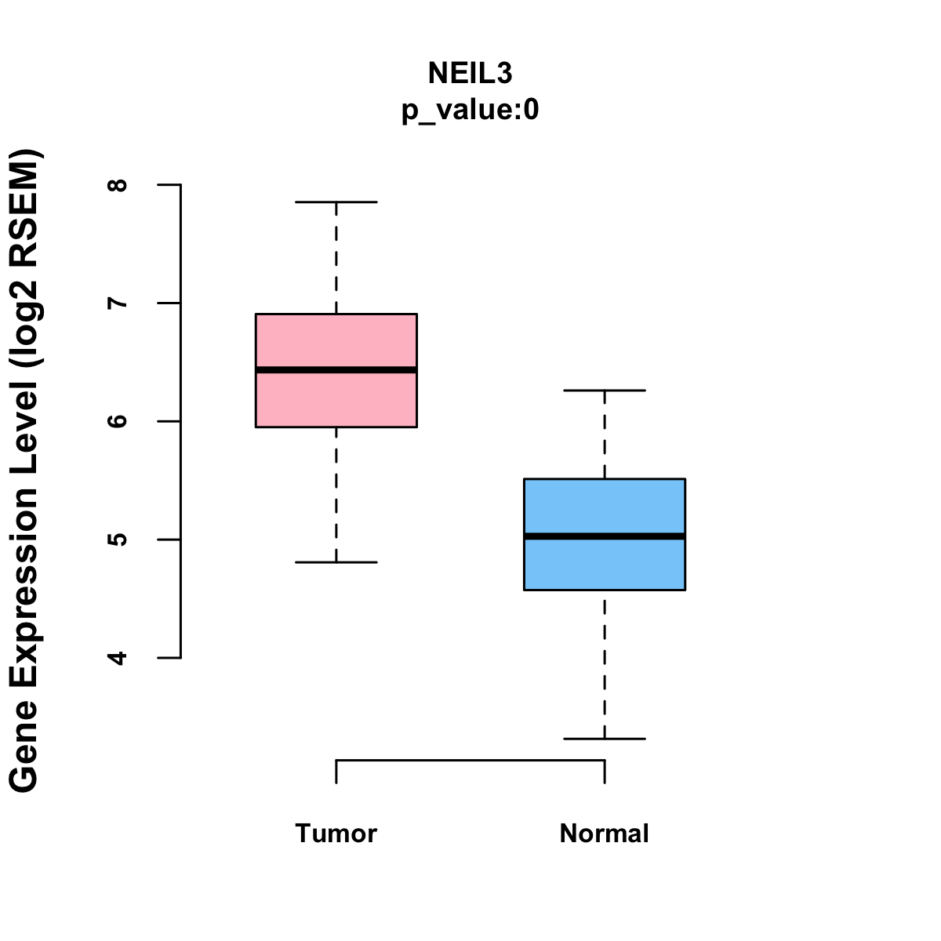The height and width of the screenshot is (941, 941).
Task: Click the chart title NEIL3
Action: (470, 73)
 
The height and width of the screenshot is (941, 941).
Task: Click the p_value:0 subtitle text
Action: (470, 110)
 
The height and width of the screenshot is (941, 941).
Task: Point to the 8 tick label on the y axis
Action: (118, 185)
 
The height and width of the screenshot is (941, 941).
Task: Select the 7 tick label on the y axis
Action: (118, 303)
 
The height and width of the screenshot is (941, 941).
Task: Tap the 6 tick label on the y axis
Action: (118, 421)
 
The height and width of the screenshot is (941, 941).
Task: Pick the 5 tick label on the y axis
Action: (118, 540)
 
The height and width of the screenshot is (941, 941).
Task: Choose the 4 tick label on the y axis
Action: (118, 657)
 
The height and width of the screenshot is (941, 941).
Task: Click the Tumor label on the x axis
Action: (336, 833)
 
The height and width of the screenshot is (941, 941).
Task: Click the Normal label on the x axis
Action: (604, 833)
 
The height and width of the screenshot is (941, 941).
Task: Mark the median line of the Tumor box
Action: (336, 369)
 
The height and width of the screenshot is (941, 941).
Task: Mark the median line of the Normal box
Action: (604, 536)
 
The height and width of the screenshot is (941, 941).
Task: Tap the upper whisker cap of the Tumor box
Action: (336, 202)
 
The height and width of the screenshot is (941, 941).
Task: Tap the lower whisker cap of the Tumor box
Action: (336, 562)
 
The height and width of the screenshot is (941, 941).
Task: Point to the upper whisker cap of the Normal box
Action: (604, 390)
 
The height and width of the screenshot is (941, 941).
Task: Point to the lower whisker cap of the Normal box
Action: (604, 739)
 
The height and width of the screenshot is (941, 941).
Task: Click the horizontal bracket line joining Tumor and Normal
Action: (470, 760)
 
